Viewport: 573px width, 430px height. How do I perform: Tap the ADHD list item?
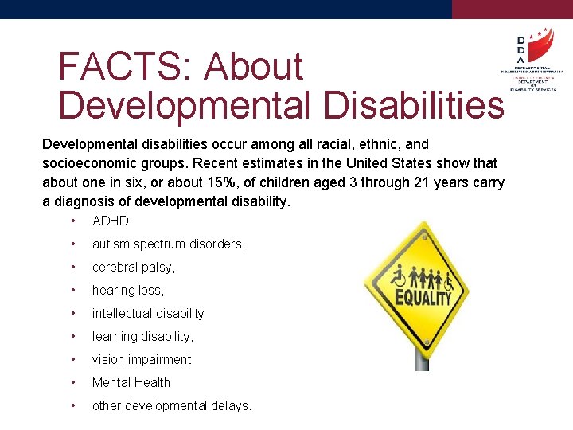(x=110, y=221)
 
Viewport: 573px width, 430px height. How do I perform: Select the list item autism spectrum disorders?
(x=169, y=244)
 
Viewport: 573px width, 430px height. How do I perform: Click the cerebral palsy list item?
(x=134, y=268)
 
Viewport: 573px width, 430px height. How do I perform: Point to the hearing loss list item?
(x=128, y=291)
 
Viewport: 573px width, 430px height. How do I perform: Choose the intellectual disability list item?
(x=148, y=314)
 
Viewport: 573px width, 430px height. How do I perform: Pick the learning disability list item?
(x=142, y=337)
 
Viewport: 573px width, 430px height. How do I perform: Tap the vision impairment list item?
(x=142, y=360)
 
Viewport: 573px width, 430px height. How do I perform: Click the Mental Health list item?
(x=131, y=383)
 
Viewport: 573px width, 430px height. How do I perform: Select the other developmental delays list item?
(x=172, y=406)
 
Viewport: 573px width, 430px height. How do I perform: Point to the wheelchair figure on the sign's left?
(x=397, y=278)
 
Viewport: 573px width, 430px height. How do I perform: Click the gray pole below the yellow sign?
(x=422, y=360)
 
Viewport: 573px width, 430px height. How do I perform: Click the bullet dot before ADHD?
(x=72, y=221)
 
